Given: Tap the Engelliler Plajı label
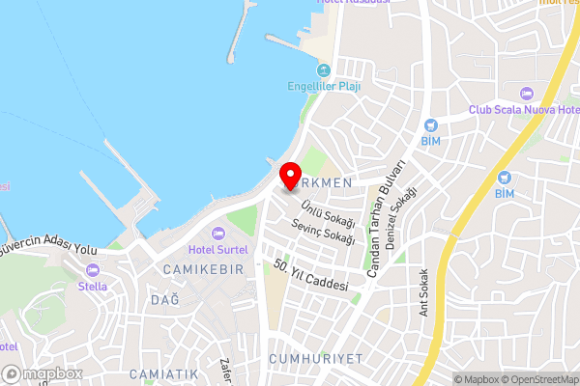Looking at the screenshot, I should (x=325, y=85).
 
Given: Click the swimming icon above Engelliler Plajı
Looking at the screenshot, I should (x=324, y=69).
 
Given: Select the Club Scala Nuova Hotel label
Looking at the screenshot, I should (x=523, y=109).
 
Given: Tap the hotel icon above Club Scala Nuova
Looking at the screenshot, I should (x=527, y=94).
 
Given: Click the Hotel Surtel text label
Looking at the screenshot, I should (x=218, y=250).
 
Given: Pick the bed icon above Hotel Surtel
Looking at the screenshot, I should (x=218, y=234).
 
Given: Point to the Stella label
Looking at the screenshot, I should (x=93, y=287).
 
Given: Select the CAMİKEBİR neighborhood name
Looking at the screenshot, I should (x=203, y=268).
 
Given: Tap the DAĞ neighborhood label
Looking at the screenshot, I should (x=165, y=300).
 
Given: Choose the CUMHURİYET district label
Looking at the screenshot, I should (x=316, y=358).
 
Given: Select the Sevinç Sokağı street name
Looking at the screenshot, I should (x=324, y=230).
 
